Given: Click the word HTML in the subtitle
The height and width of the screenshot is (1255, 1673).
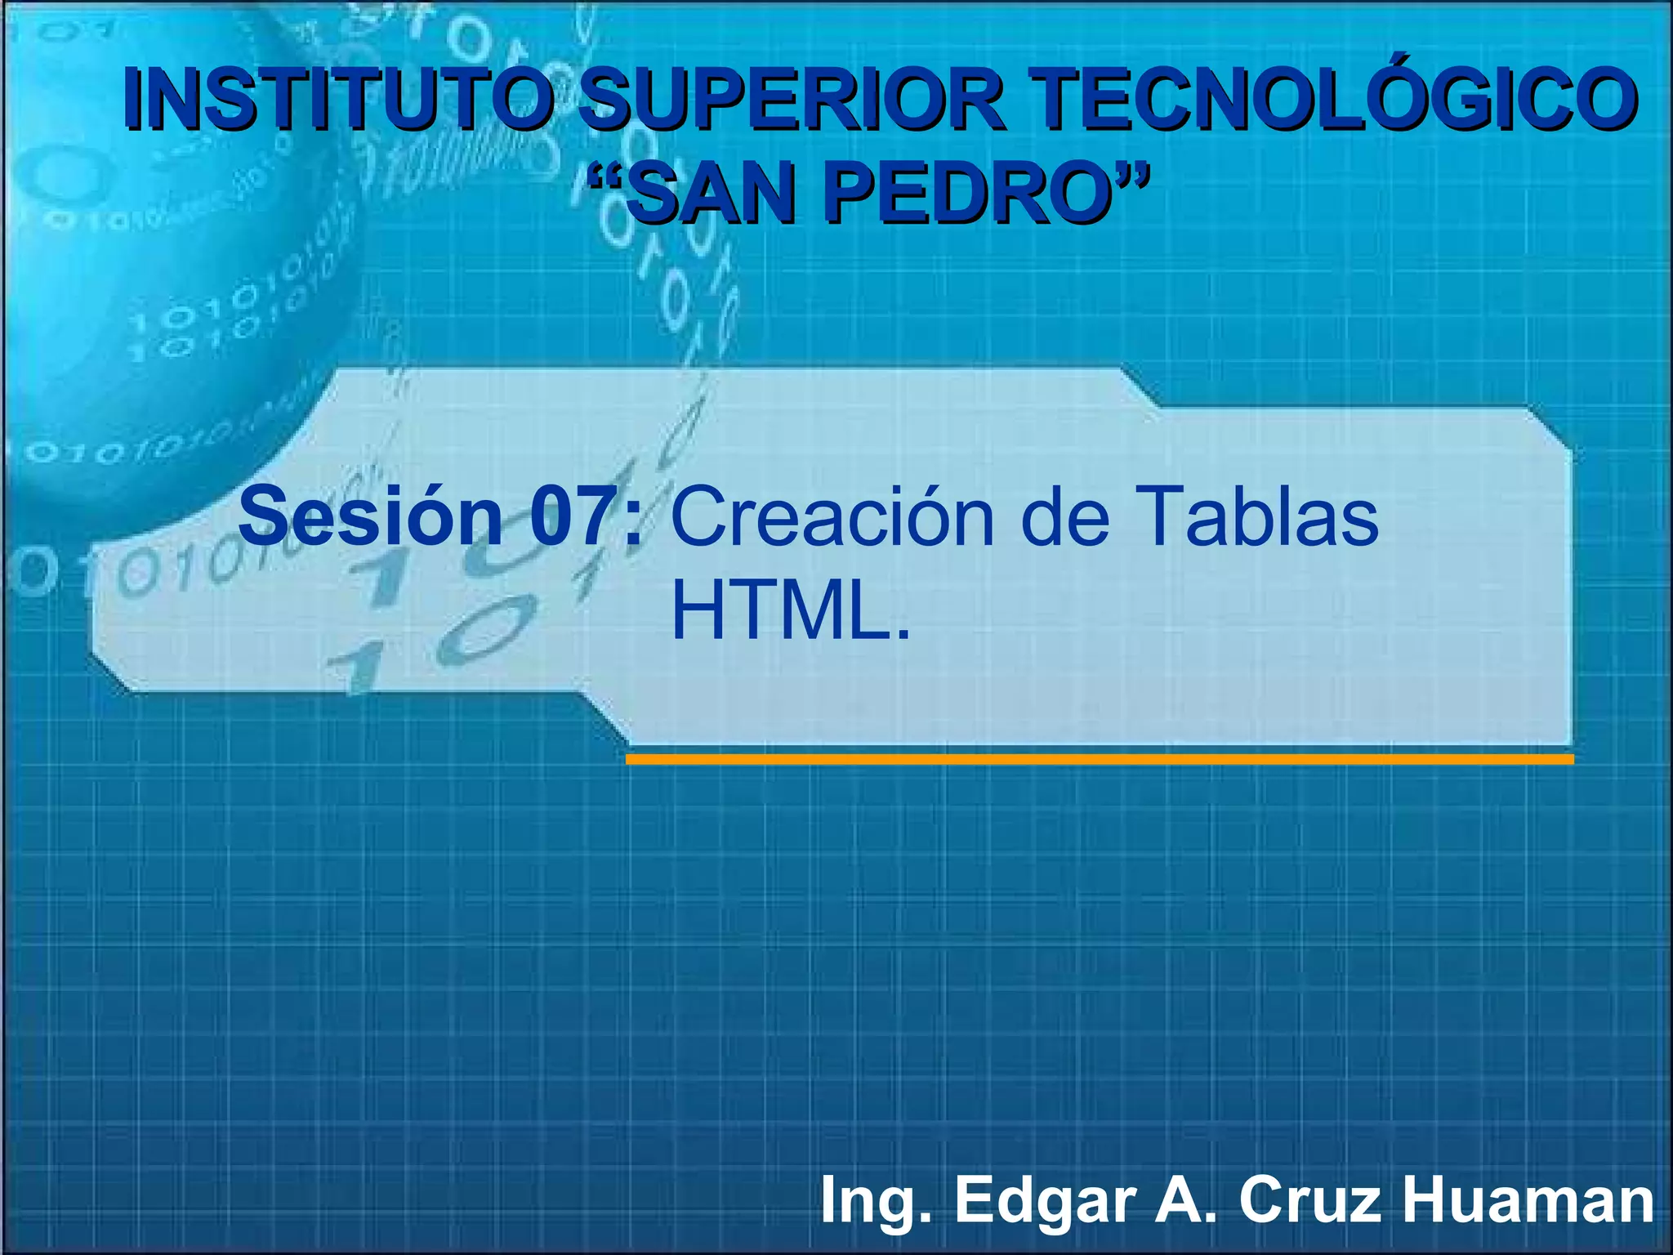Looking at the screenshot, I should click(x=781, y=611).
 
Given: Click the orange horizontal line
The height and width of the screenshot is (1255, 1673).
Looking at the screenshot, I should click(x=1099, y=759).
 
